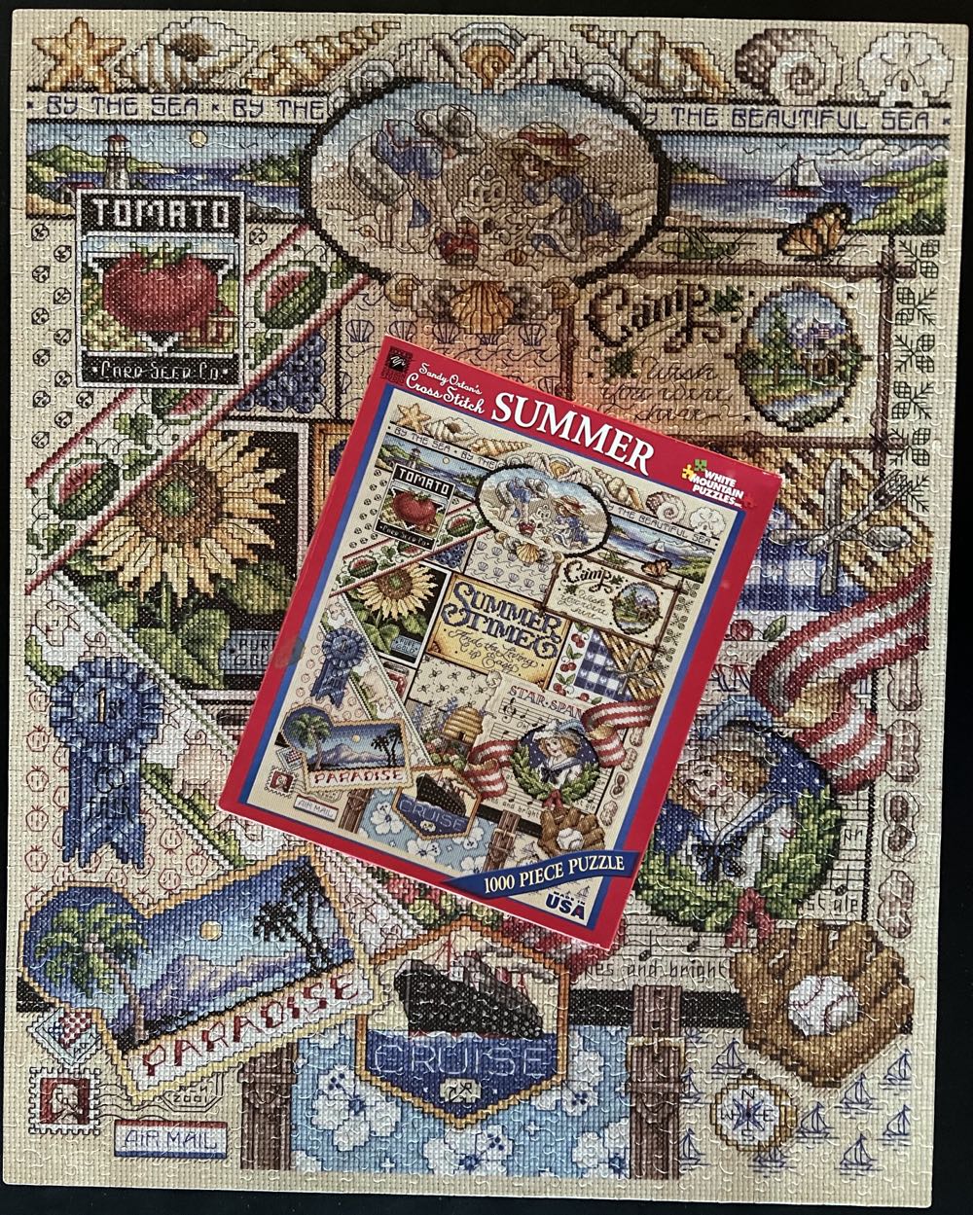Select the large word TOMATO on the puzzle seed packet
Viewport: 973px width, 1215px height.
160,211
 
